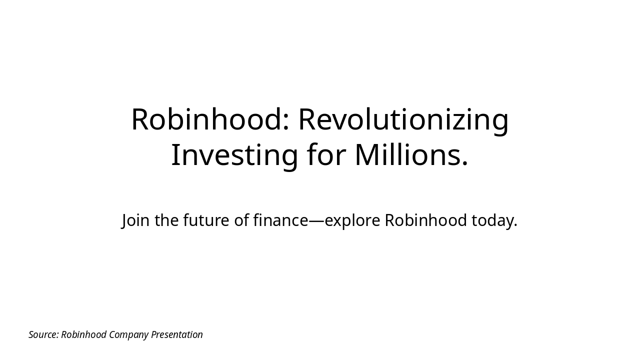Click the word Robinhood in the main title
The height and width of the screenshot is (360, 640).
click(x=207, y=119)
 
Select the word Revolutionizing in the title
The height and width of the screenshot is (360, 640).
click(x=403, y=121)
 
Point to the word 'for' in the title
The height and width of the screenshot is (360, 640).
click(x=327, y=154)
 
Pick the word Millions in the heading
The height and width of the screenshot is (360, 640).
click(x=405, y=154)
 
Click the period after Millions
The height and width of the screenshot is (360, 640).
click(x=464, y=163)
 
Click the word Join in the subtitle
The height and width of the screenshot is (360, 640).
click(x=135, y=220)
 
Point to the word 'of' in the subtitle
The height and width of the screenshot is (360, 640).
click(x=241, y=220)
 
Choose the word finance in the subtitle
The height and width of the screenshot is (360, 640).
click(x=281, y=220)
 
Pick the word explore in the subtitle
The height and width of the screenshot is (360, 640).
click(x=352, y=221)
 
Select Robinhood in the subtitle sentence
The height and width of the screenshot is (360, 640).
click(x=426, y=220)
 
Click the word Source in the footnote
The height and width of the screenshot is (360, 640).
click(x=43, y=334)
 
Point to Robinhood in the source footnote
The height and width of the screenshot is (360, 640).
click(x=83, y=334)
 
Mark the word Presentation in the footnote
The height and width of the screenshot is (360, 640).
click(x=177, y=334)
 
